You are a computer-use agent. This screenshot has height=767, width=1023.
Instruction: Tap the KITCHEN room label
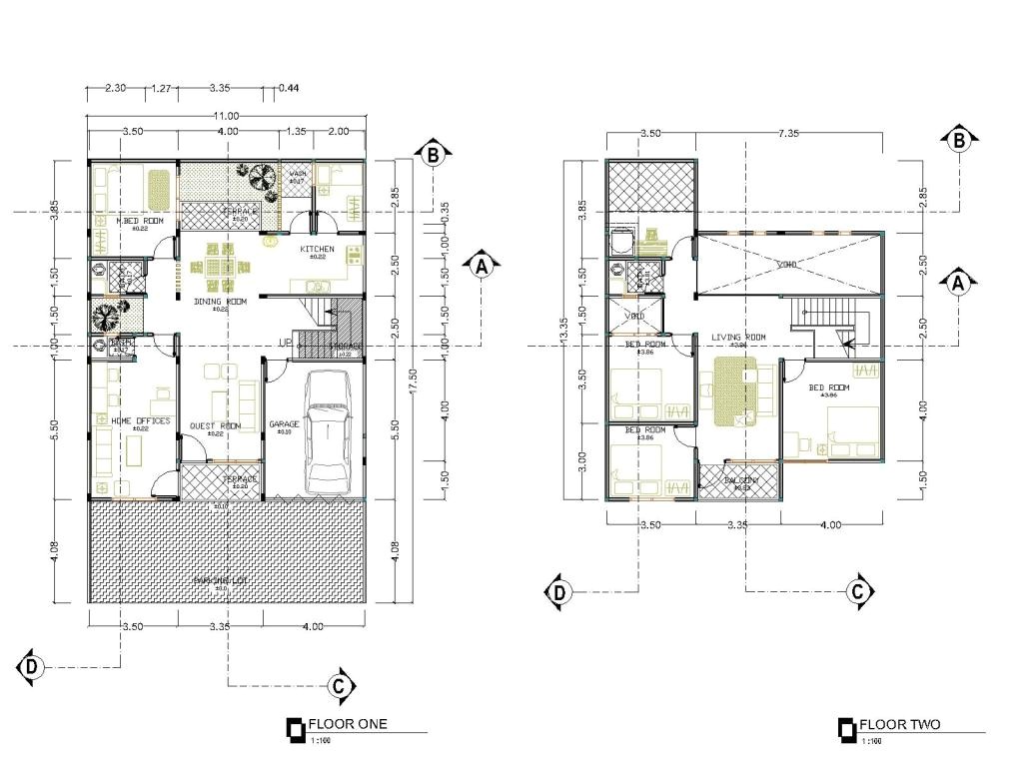tap(317, 249)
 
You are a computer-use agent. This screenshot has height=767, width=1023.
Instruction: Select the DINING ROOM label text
tap(219, 301)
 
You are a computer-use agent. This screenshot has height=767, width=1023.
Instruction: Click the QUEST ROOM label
tap(215, 425)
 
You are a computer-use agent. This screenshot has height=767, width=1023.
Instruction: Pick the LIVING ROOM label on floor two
tap(738, 338)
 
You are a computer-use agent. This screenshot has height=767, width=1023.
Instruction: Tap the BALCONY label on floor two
tap(740, 480)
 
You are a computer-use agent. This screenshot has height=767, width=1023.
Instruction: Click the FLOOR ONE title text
tap(347, 725)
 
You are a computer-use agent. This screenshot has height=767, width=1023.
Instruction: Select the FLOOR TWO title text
tap(899, 725)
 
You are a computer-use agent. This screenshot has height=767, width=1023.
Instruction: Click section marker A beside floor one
tap(482, 267)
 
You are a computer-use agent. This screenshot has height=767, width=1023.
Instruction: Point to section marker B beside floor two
tap(958, 141)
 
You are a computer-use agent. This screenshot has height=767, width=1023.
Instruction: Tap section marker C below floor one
tap(341, 684)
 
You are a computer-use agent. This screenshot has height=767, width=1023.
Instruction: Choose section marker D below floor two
tap(559, 592)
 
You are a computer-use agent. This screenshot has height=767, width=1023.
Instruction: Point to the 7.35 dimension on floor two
tap(789, 133)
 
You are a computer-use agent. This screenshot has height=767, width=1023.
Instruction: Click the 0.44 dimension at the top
tap(290, 89)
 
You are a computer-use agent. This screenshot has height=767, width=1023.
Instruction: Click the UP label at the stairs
tap(286, 343)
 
